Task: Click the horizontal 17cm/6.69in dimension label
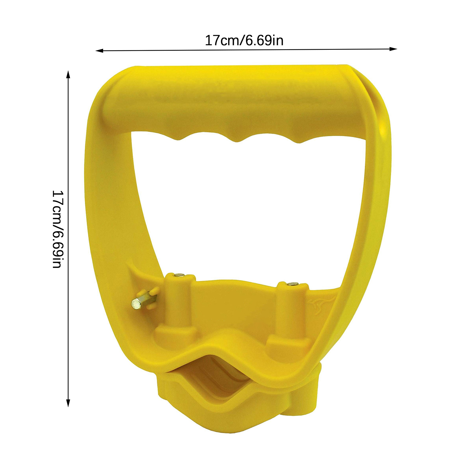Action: (x=244, y=40)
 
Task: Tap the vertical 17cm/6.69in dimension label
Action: (x=57, y=229)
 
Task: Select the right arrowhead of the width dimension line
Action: (x=393, y=49)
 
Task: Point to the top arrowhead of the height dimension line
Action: (x=68, y=74)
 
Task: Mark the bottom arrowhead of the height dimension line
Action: (x=68, y=403)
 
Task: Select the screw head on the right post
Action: (x=292, y=283)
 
